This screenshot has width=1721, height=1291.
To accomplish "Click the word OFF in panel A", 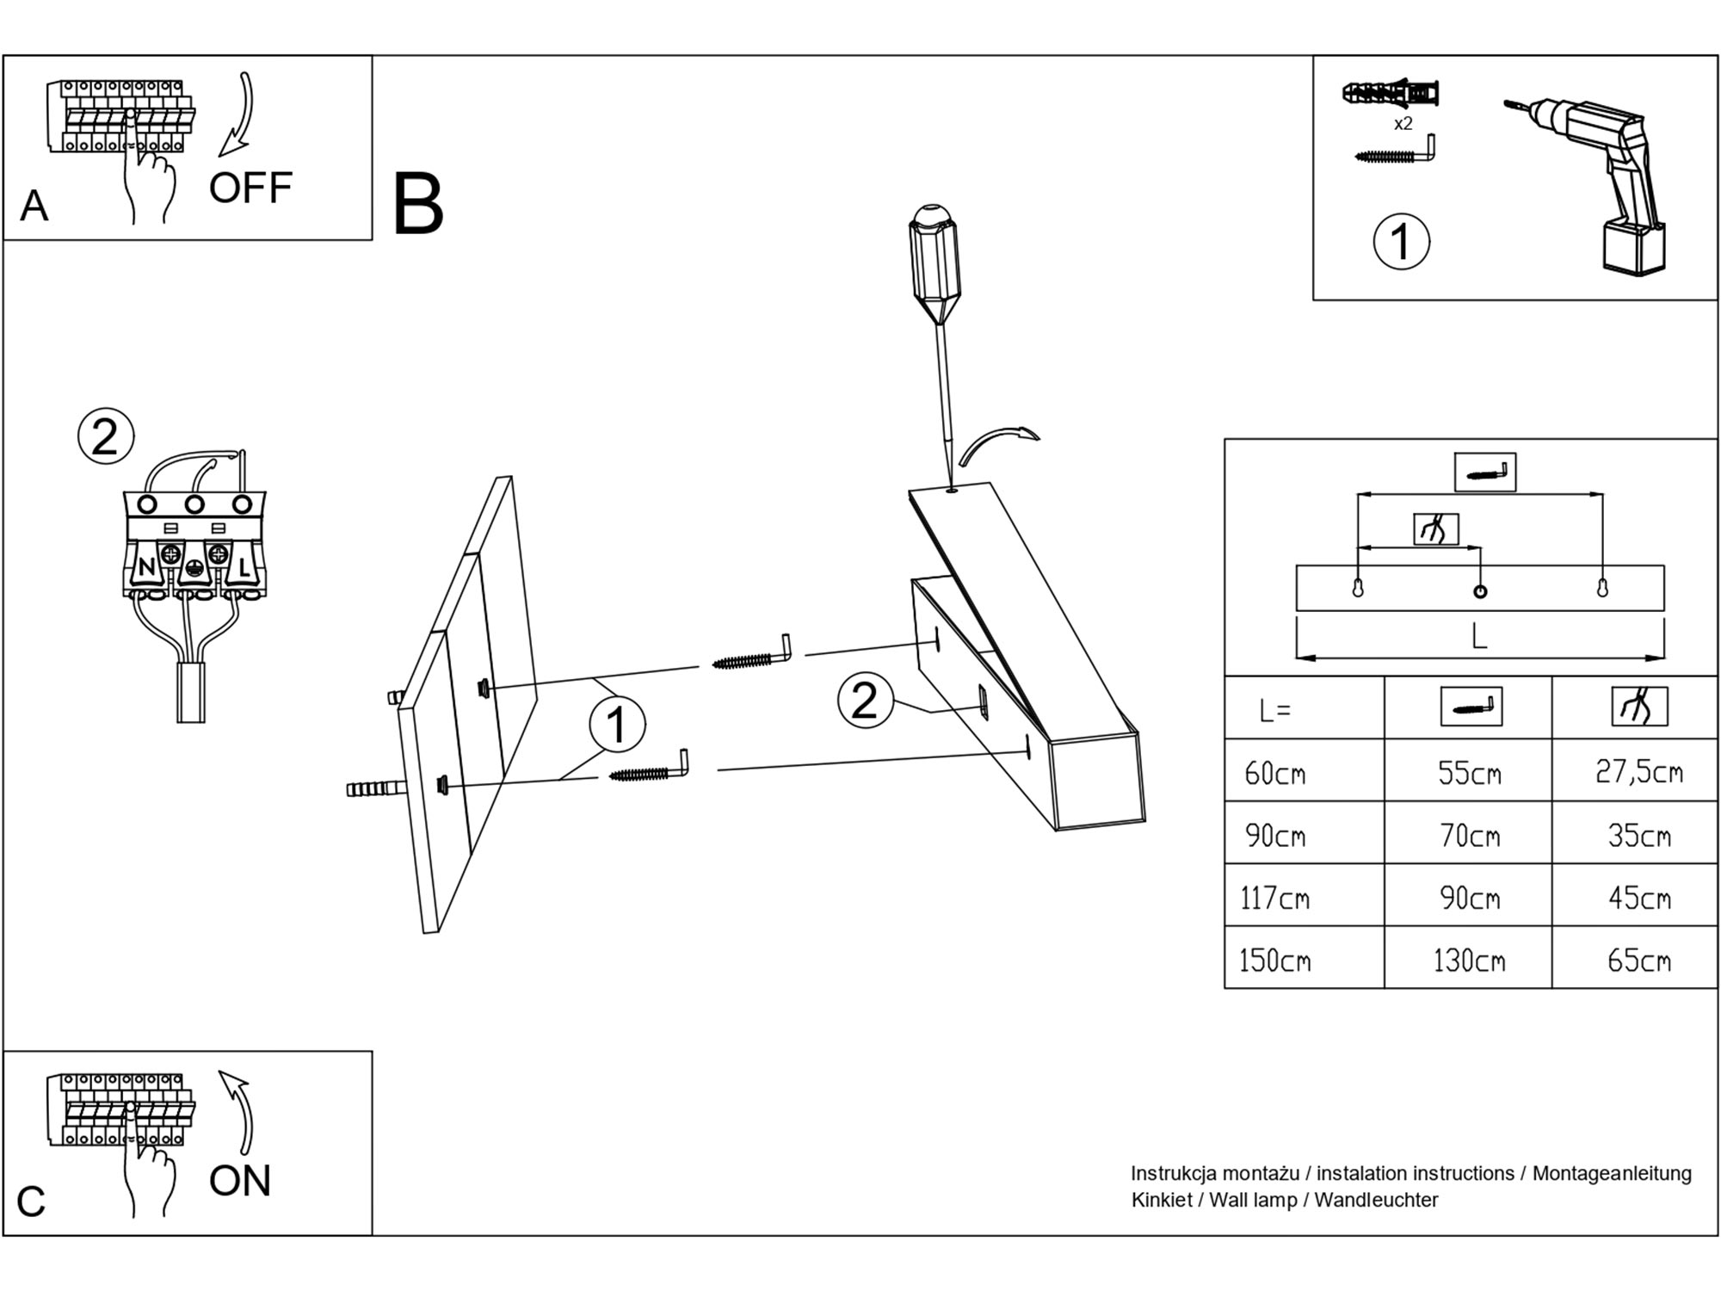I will (x=250, y=188).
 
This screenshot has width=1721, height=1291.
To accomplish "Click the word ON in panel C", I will (x=239, y=1180).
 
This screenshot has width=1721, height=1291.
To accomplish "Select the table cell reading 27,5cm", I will (x=1638, y=771).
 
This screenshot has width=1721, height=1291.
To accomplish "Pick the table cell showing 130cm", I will (x=1469, y=960).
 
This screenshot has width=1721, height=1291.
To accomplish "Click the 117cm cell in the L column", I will (x=1274, y=898).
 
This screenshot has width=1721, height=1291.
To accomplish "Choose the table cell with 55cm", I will (x=1469, y=773).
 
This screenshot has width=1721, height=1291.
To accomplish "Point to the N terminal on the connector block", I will (x=146, y=567).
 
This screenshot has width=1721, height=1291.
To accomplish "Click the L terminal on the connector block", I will (x=244, y=567).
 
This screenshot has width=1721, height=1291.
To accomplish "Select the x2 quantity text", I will (x=1403, y=124).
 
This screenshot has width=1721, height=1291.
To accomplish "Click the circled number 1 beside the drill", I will (x=1401, y=242).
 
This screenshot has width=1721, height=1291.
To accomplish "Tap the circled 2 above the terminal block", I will (x=105, y=437).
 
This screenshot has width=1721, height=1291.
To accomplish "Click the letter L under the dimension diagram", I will (x=1478, y=637).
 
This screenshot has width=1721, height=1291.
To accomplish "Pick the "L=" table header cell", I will (x=1274, y=711).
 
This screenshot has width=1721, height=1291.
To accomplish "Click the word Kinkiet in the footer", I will (x=1161, y=1200).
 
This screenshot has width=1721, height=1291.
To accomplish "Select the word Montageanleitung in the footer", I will (x=1612, y=1173).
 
